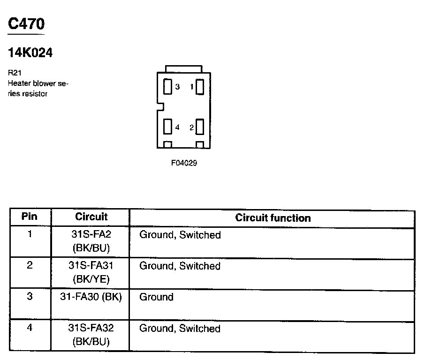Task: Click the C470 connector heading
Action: (x=26, y=24)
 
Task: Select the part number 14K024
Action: (x=30, y=53)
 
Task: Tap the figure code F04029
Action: (x=184, y=164)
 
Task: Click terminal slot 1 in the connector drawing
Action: (x=199, y=87)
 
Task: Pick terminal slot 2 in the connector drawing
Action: (x=199, y=127)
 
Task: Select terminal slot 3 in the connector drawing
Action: (x=167, y=87)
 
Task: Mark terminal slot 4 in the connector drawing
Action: (x=167, y=127)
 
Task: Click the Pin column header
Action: (x=30, y=217)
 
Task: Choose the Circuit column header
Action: (x=91, y=217)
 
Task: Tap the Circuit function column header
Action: (x=273, y=218)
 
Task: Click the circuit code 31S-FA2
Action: (x=91, y=234)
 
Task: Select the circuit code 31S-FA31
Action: (x=91, y=266)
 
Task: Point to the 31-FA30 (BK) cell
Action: (x=91, y=297)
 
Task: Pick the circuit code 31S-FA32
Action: (x=91, y=328)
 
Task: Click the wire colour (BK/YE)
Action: (x=91, y=279)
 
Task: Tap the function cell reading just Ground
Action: (x=156, y=297)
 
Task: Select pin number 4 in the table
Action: (x=30, y=328)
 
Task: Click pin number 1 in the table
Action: (x=30, y=234)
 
